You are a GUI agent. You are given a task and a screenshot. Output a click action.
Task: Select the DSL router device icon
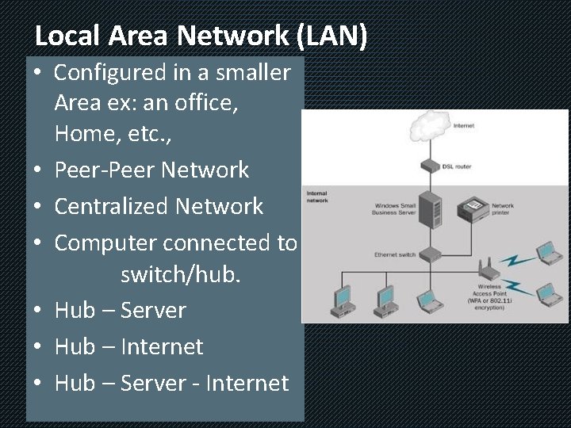point(431,166)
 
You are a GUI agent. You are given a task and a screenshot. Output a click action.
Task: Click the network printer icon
point(477,208)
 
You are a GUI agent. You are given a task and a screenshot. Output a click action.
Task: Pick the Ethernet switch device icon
point(431,254)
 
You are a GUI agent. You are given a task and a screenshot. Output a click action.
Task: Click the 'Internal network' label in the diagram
point(316,197)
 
